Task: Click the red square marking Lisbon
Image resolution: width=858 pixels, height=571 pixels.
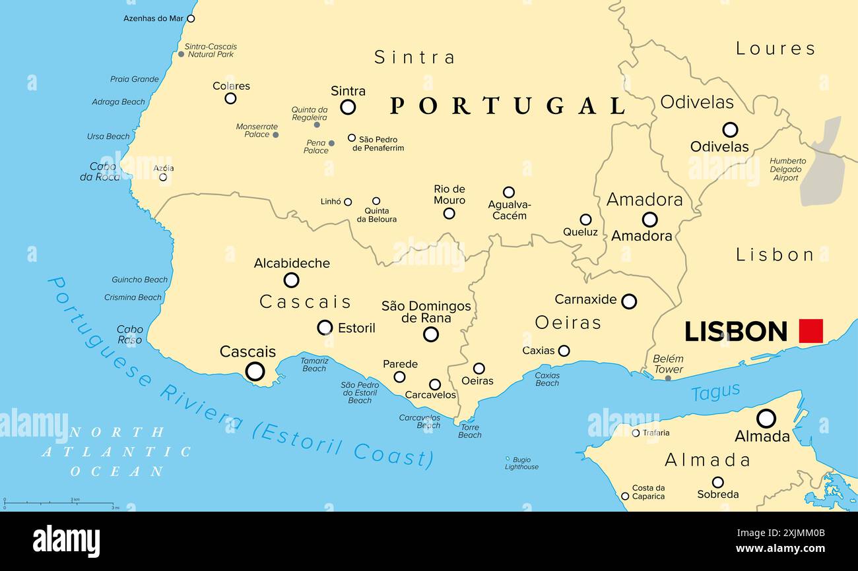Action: click(810, 331)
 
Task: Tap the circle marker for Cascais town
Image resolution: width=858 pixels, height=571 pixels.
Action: click(255, 372)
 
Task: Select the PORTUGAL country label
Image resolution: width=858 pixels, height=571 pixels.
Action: click(508, 105)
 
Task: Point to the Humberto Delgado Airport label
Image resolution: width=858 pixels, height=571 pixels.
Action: click(787, 169)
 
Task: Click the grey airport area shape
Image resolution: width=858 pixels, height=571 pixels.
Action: click(824, 165)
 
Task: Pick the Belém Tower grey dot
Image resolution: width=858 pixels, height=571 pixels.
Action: click(668, 378)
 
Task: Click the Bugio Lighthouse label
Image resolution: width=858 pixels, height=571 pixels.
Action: click(521, 463)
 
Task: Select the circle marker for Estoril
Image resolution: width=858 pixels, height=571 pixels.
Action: click(325, 328)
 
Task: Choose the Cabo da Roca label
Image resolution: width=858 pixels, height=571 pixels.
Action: click(100, 171)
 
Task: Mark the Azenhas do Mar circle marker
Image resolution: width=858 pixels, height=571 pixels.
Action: click(191, 18)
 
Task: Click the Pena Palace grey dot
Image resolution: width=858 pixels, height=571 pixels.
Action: click(331, 143)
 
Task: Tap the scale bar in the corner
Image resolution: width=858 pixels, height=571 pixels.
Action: click(59, 503)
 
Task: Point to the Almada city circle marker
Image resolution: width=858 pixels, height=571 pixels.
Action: click(766, 418)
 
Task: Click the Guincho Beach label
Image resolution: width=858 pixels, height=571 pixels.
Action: click(139, 280)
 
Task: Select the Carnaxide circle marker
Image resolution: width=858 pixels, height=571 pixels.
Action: click(629, 301)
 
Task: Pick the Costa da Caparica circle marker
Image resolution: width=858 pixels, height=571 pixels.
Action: click(624, 496)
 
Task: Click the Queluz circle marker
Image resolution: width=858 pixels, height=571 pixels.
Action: click(585, 220)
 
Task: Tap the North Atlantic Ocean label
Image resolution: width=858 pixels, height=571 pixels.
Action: click(116, 452)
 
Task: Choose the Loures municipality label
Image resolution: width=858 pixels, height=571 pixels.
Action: click(775, 48)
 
